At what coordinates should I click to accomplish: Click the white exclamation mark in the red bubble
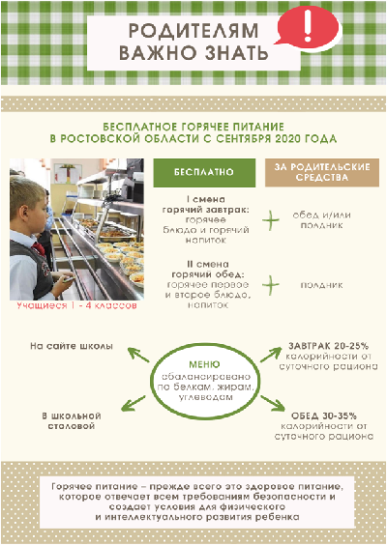pyautogui.click(x=307, y=26)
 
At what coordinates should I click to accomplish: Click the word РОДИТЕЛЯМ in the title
pyautogui.click(x=193, y=31)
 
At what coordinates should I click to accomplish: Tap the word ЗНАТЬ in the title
pyautogui.click(x=236, y=53)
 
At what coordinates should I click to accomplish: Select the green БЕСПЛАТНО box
pyautogui.click(x=204, y=173)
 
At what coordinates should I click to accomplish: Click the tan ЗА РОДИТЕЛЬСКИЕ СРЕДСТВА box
pyautogui.click(x=322, y=173)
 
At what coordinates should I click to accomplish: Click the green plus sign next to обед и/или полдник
pyautogui.click(x=270, y=220)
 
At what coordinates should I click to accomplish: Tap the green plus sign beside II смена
pyautogui.click(x=270, y=285)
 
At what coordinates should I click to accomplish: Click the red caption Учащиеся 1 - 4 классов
pyautogui.click(x=76, y=305)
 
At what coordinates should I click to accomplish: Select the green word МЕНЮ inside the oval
pyautogui.click(x=204, y=364)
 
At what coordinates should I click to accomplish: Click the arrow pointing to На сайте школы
pyautogui.click(x=138, y=355)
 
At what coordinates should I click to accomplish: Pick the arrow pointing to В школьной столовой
pyautogui.click(x=134, y=403)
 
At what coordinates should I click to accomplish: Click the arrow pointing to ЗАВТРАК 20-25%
pyautogui.click(x=271, y=355)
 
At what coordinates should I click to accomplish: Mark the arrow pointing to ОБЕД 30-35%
pyautogui.click(x=273, y=403)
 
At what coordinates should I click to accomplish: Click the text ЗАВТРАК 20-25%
pyautogui.click(x=328, y=346)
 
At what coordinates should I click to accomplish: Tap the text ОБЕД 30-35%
pyautogui.click(x=324, y=416)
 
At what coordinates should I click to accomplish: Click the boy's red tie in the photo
pyautogui.click(x=39, y=248)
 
